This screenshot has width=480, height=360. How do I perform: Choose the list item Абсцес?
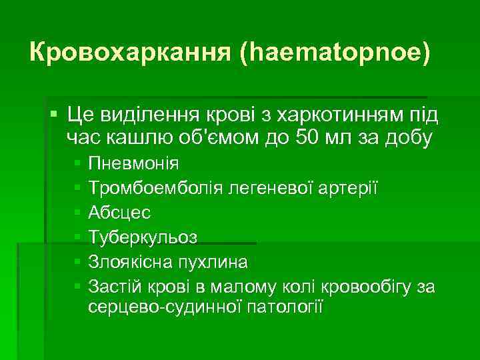[119, 212]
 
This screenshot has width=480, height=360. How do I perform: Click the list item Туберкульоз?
[142, 237]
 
